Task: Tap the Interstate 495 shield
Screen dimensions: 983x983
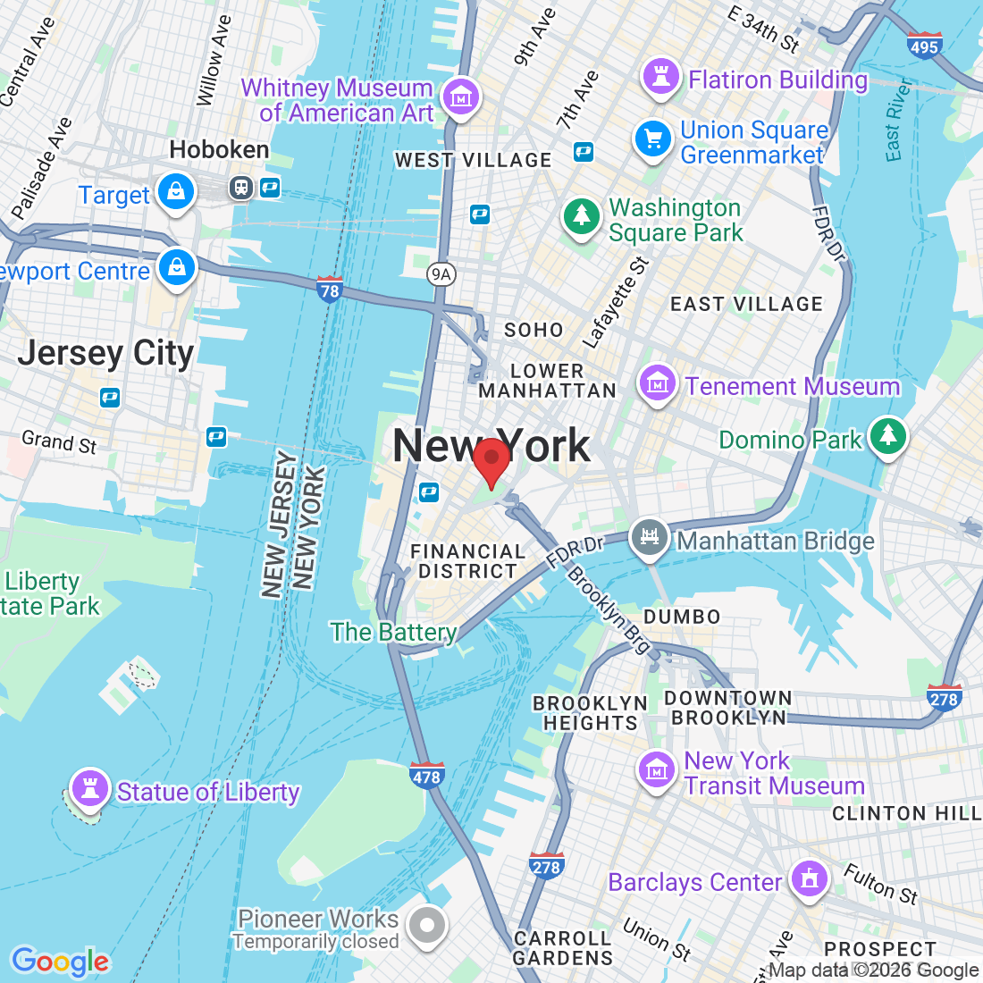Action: point(923,46)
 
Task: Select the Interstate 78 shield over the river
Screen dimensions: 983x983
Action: point(330,290)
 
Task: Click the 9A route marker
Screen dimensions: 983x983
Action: point(440,273)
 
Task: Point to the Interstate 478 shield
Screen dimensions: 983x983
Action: point(426,776)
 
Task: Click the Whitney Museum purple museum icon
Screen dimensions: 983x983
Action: point(461,97)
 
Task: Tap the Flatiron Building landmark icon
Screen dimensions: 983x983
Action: point(661,77)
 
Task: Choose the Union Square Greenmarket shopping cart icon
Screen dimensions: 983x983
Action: point(653,139)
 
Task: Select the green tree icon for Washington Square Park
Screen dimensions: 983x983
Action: point(582,217)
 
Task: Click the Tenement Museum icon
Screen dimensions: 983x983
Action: point(657,384)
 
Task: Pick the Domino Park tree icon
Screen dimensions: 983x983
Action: point(887,436)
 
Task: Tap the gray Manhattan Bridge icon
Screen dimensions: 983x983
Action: point(650,538)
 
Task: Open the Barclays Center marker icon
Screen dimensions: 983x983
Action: point(809,878)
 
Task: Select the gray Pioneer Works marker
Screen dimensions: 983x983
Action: point(426,926)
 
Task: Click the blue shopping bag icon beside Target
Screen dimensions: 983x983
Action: point(176,192)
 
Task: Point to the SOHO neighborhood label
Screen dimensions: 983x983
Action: point(534,330)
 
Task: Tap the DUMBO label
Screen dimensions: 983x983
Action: point(682,617)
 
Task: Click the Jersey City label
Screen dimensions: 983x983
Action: point(105,354)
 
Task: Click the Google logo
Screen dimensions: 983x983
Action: point(60,962)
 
